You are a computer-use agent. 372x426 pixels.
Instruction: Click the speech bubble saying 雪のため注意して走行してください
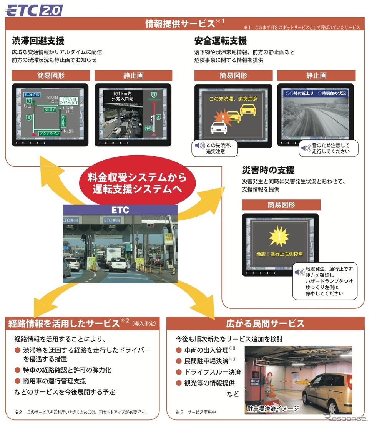click(x=329, y=148)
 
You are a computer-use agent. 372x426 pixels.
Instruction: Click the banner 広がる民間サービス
click(x=265, y=323)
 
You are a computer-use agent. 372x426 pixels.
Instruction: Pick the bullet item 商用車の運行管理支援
click(x=54, y=381)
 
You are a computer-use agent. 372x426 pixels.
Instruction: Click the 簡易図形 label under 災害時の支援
click(x=281, y=205)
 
